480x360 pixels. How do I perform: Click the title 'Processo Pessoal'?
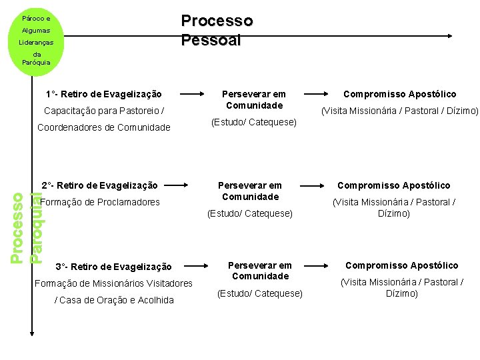(217, 31)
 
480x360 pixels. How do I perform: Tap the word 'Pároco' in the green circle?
(36, 19)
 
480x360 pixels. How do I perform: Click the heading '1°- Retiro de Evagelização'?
(104, 94)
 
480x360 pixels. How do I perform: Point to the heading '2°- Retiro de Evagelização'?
(100, 185)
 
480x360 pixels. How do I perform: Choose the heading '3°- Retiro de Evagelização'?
(113, 267)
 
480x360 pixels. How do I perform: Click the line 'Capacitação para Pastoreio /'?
(104, 111)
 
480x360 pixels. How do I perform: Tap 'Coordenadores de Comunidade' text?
(104, 127)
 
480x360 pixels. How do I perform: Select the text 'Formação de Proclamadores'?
(100, 202)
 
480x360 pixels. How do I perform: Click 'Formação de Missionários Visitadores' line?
(113, 283)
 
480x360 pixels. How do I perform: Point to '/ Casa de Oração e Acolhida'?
(113, 300)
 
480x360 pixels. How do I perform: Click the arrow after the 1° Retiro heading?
(193, 94)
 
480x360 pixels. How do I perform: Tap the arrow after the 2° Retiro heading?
(193, 185)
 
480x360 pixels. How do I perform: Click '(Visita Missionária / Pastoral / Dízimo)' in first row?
(399, 111)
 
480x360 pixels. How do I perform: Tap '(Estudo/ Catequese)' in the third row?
(259, 293)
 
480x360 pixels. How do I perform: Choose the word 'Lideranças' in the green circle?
(37, 43)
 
